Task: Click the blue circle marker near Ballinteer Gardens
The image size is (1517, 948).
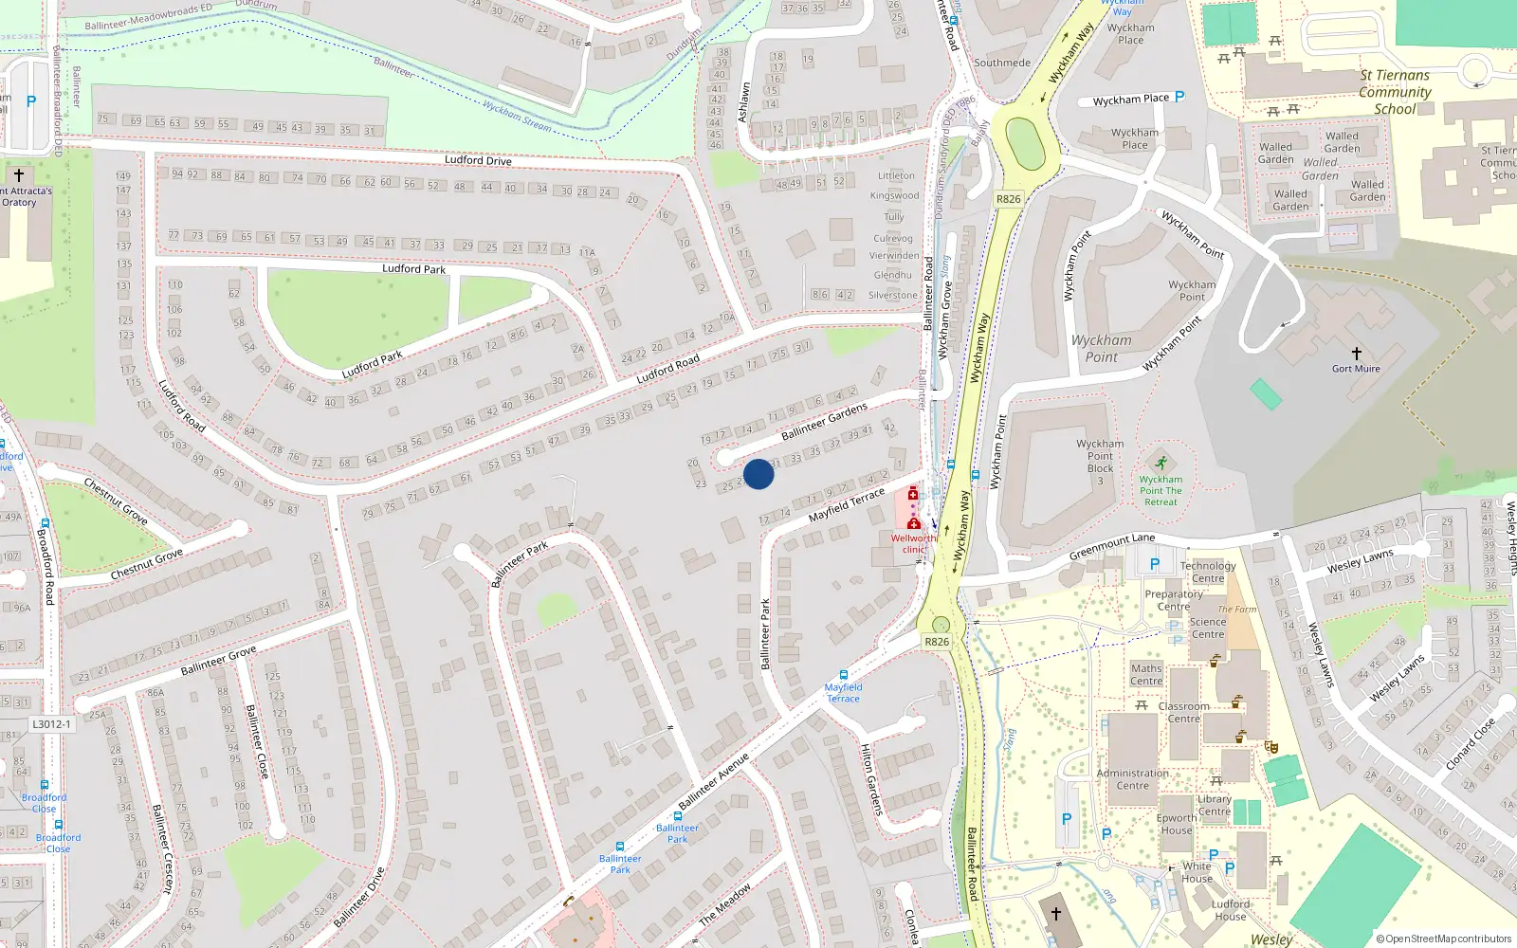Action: (x=758, y=474)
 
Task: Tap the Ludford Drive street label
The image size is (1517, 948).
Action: (x=478, y=160)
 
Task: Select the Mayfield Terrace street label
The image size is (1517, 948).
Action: (x=846, y=504)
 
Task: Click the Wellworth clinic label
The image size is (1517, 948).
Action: (x=912, y=543)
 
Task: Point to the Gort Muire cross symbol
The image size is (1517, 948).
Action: (x=1356, y=354)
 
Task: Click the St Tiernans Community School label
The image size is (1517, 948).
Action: (x=1395, y=92)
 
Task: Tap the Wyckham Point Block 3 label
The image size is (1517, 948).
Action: (x=1100, y=462)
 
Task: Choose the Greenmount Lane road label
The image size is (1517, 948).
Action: (x=1111, y=546)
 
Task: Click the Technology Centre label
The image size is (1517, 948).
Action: (x=1208, y=572)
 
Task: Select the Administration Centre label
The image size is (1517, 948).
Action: (x=1132, y=779)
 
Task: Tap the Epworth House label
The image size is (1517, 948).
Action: (x=1177, y=824)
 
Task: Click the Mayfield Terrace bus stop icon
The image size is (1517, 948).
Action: (x=843, y=675)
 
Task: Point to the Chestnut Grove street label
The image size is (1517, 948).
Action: (x=146, y=565)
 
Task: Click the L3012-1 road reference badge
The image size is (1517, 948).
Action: (x=51, y=724)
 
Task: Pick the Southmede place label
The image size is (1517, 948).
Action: (x=1002, y=63)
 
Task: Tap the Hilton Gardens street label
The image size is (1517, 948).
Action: (x=871, y=779)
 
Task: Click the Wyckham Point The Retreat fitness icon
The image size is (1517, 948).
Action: (x=1161, y=464)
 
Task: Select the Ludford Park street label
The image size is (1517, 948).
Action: (x=413, y=269)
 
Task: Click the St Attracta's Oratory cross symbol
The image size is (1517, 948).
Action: (x=18, y=175)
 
